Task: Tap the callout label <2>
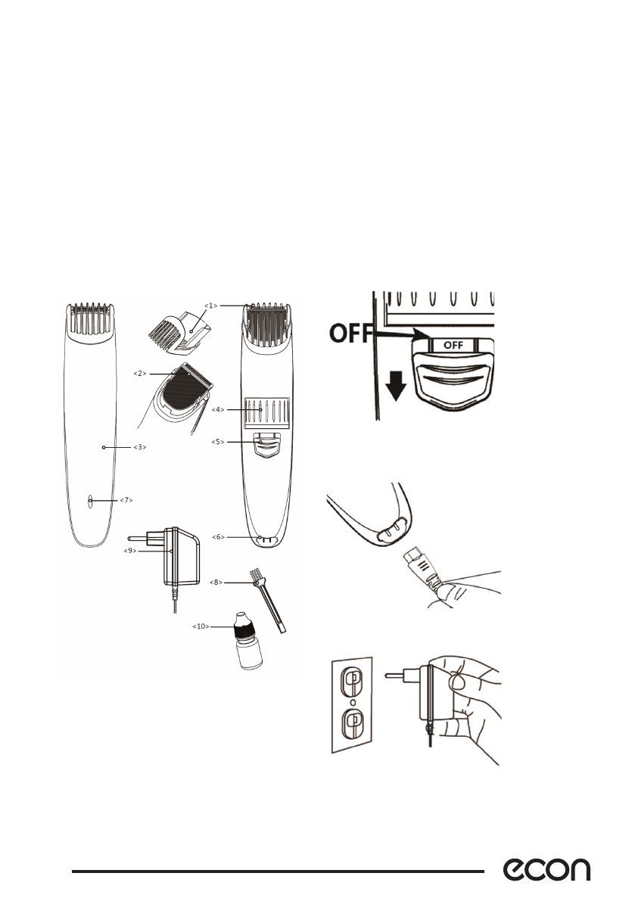pos(139,374)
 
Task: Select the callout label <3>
pos(139,448)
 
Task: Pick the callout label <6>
pos(218,537)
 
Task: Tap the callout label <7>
pos(126,501)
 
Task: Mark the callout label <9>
pos(132,551)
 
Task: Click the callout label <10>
pos(201,626)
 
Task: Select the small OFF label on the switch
pos(453,344)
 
